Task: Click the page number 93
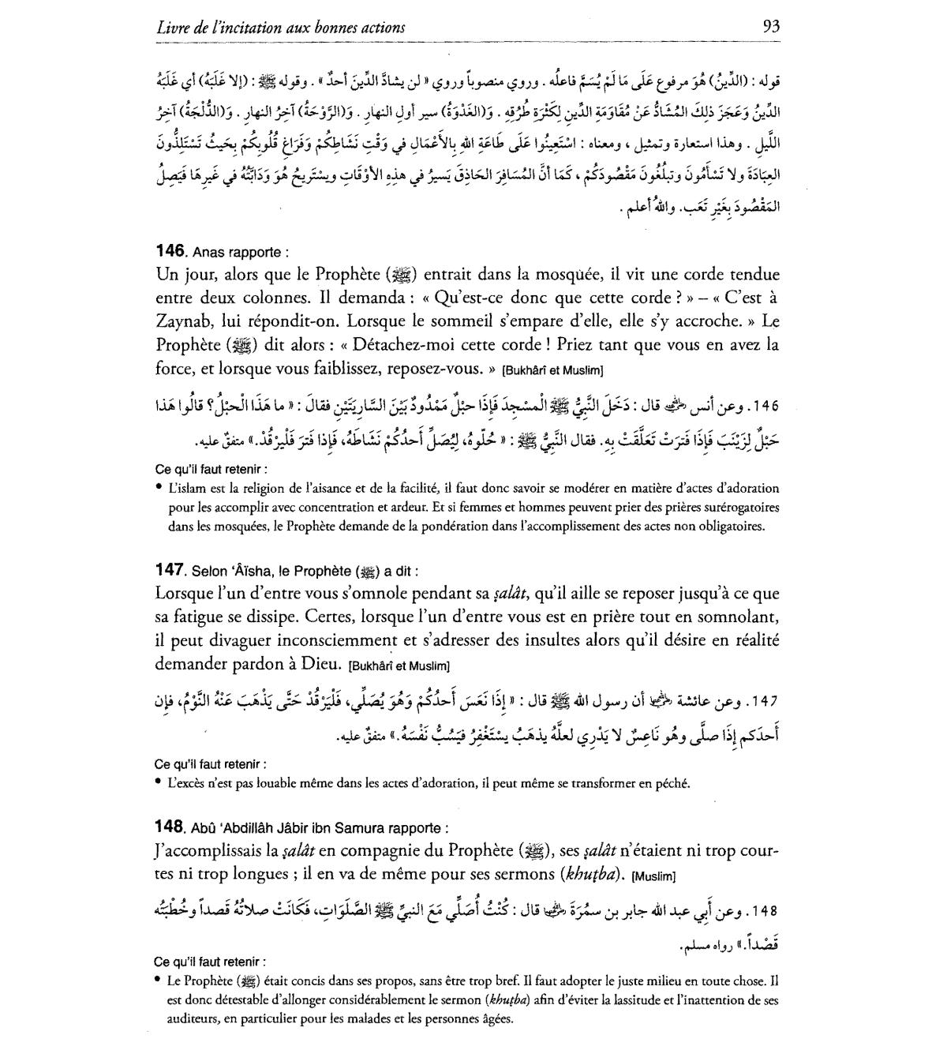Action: point(771,26)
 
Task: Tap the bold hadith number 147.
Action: point(170,570)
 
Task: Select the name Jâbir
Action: point(314,828)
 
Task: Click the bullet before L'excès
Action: point(159,783)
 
